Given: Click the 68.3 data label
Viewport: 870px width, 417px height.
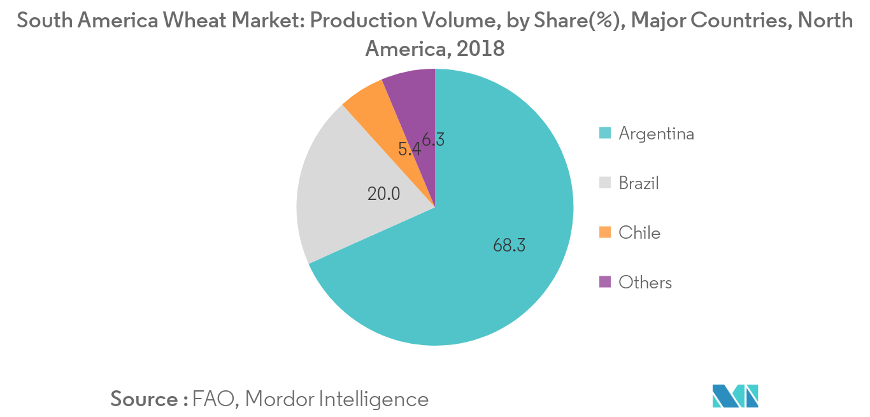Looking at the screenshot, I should [509, 245].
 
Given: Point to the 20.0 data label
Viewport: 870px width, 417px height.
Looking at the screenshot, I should [383, 194].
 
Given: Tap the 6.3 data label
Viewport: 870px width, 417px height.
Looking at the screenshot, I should [432, 139].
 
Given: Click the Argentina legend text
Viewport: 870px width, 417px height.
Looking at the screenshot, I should [656, 134].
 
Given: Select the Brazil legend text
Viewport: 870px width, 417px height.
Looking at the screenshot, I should [639, 183].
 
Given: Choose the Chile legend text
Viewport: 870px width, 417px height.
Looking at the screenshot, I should [639, 233].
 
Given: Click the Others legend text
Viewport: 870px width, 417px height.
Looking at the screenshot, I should [645, 283].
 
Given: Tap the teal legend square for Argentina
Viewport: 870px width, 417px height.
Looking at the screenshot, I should [605, 133].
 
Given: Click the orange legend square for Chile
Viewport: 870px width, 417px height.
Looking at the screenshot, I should [605, 232].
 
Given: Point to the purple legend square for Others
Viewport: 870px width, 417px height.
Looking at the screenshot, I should [605, 282].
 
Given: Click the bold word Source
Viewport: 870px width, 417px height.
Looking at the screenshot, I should [145, 399].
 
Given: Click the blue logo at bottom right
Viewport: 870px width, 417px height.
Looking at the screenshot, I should [735, 396].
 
